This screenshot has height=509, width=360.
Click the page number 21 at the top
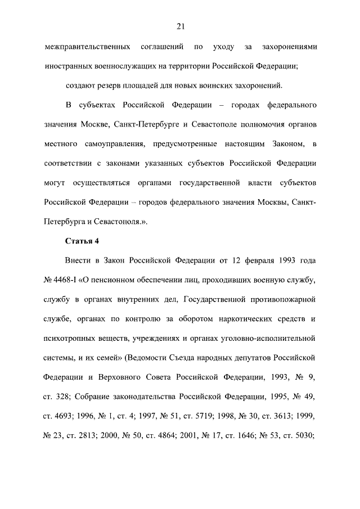[180, 26]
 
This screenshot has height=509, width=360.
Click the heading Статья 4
[82, 242]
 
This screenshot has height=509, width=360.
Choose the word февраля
[260, 262]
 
